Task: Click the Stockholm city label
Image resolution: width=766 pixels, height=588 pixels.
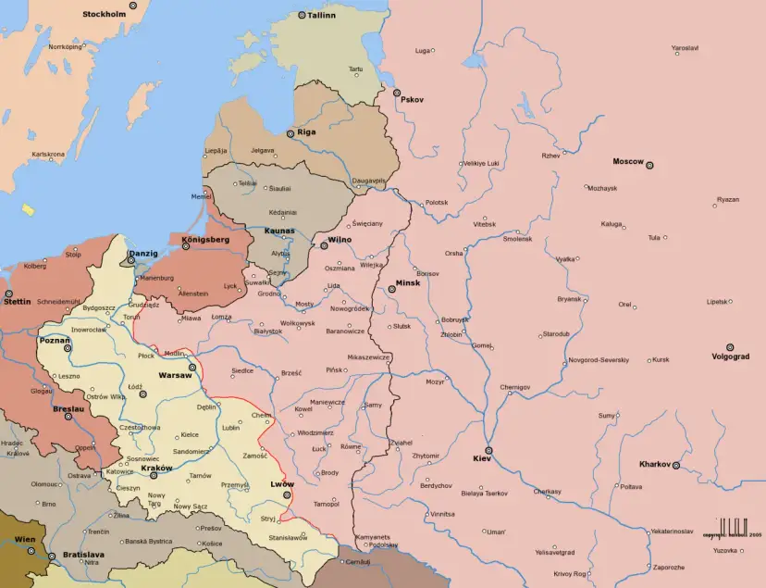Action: (104, 15)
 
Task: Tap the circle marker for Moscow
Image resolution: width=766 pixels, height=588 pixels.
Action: (649, 165)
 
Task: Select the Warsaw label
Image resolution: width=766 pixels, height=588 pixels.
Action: (175, 376)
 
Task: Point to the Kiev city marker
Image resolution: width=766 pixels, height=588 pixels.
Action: (488, 450)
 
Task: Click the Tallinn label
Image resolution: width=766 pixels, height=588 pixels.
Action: (321, 16)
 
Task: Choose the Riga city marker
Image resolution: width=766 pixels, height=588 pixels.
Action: (290, 134)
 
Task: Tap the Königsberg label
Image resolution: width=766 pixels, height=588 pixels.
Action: (205, 240)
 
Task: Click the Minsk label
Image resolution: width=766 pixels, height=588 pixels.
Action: (407, 282)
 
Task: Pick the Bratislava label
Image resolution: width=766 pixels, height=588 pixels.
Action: (83, 554)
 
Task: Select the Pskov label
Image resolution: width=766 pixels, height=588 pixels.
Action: (412, 100)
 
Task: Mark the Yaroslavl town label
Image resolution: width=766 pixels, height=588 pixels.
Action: (685, 47)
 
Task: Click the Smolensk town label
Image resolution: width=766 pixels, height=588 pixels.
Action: (517, 238)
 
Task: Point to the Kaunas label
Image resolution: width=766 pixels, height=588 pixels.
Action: (278, 230)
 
